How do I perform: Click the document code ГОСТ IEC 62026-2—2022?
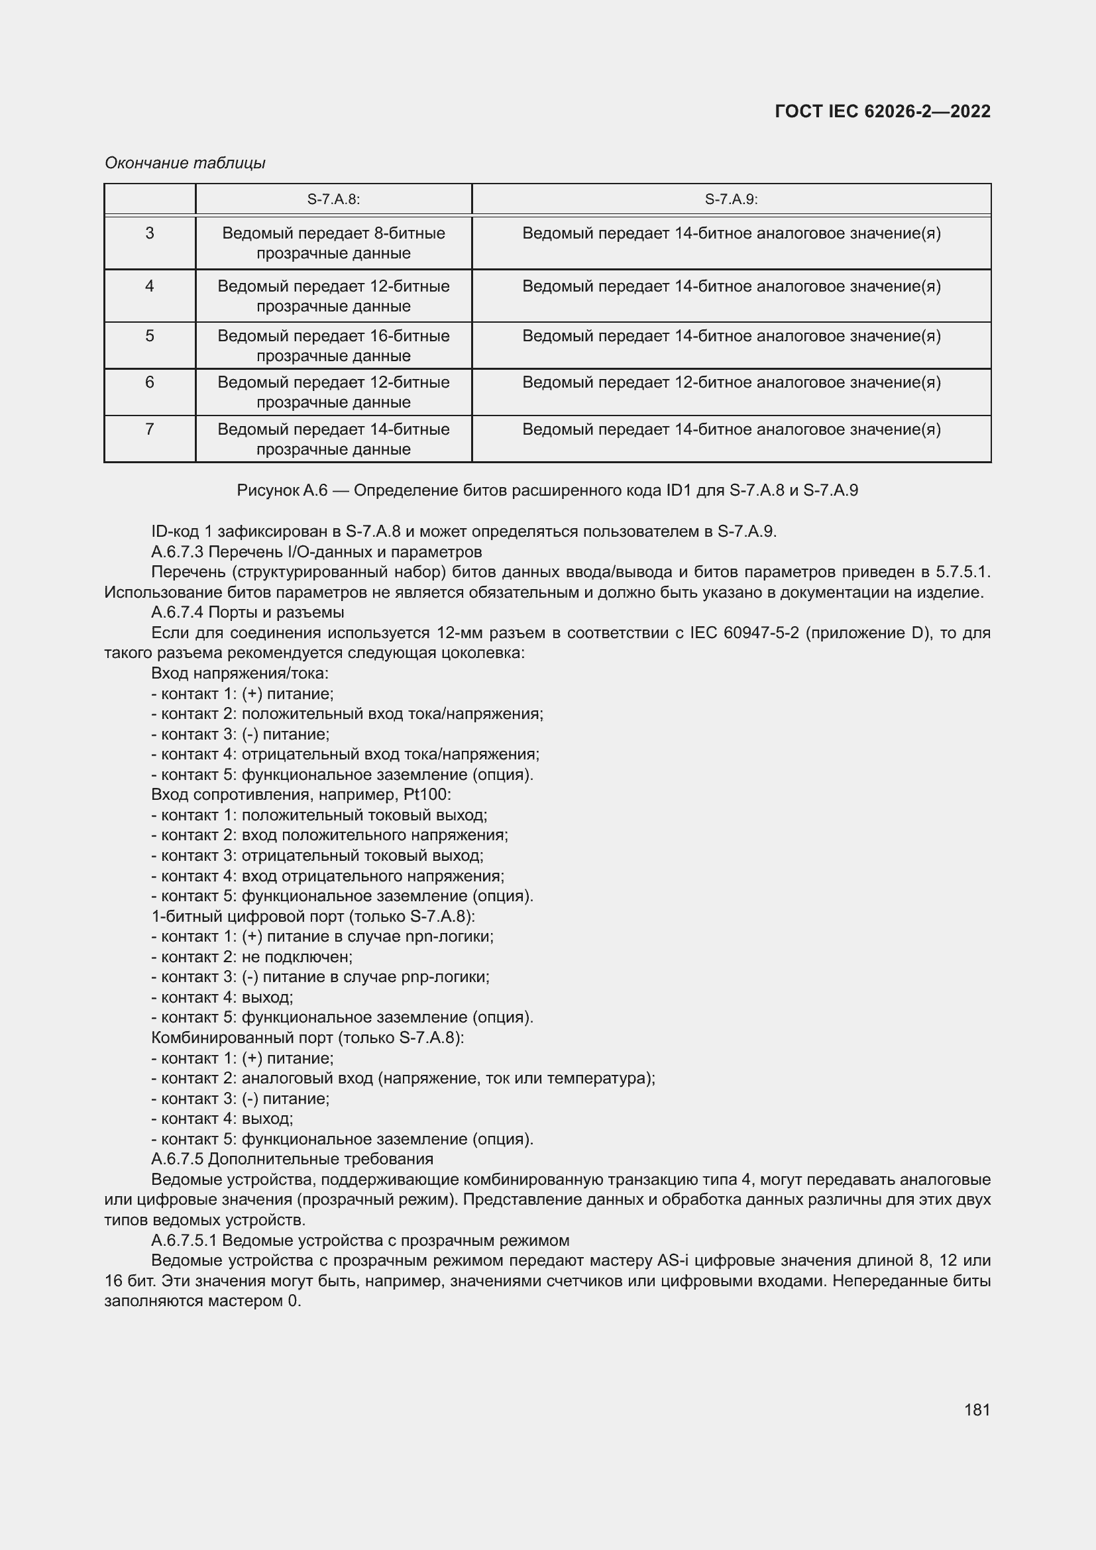point(882,111)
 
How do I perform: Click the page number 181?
point(977,1410)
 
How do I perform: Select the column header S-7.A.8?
point(333,199)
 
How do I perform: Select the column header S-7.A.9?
point(731,199)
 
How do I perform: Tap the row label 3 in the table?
point(150,233)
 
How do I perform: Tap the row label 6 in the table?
point(150,383)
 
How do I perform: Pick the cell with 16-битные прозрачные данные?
point(333,346)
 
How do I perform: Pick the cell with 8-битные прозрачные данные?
point(333,243)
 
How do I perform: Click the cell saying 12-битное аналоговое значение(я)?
point(731,383)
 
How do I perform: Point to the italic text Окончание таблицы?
point(185,163)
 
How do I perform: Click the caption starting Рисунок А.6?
point(547,490)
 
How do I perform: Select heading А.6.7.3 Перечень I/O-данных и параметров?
point(316,552)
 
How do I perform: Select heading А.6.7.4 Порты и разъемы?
point(247,612)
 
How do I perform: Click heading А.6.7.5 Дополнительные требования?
point(292,1159)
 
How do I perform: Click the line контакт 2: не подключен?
point(252,957)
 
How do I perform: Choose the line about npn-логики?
point(323,936)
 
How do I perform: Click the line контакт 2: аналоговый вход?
point(403,1078)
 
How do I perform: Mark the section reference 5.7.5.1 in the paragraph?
point(961,573)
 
